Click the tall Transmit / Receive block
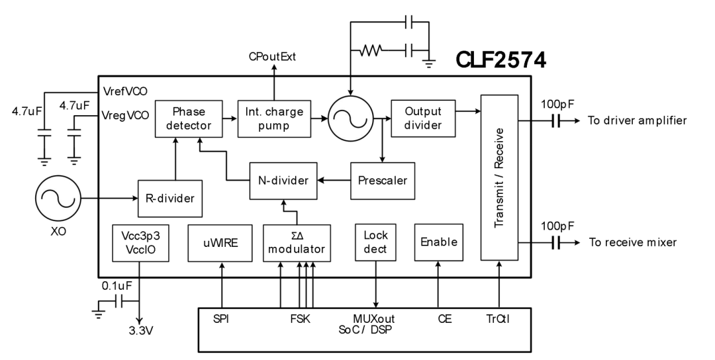[x=499, y=177]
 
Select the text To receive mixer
[x=633, y=243]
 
